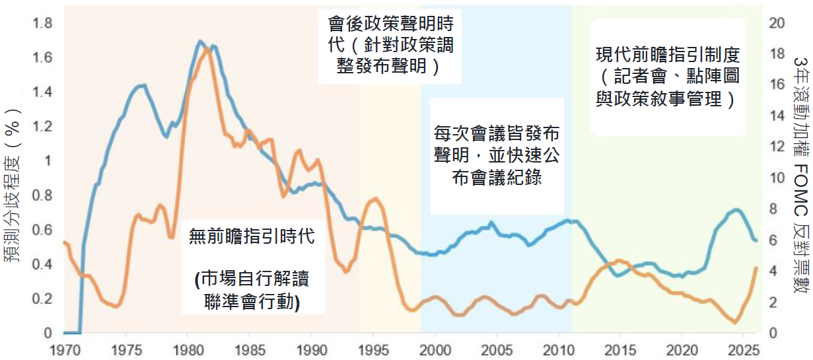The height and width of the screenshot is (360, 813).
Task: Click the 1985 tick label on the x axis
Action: click(x=250, y=351)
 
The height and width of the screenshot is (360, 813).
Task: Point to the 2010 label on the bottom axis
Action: click(x=559, y=351)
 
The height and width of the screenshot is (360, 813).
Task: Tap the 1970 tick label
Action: click(x=65, y=351)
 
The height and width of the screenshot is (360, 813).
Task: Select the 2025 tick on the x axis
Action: click(x=744, y=351)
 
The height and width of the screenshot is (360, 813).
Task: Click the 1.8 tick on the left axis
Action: click(x=42, y=23)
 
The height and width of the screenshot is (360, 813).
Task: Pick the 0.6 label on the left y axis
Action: click(x=42, y=230)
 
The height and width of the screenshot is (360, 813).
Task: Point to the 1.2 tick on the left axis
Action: click(x=42, y=127)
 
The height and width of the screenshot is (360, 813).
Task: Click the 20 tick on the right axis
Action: click(x=777, y=23)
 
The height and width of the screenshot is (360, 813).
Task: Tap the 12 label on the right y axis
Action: click(x=777, y=147)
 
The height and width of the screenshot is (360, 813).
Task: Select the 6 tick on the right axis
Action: click(x=773, y=240)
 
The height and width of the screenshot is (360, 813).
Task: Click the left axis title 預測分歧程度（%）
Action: click(x=12, y=186)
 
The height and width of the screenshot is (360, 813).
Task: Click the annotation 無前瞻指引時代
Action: click(x=252, y=236)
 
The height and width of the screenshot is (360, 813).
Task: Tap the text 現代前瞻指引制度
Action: click(x=668, y=55)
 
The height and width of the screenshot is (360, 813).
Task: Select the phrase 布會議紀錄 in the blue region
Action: click(x=497, y=178)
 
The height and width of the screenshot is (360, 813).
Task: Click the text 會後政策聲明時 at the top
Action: click(x=391, y=24)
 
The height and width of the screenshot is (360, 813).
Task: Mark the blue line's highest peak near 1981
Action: click(x=199, y=41)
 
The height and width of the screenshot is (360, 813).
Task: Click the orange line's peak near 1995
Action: click(x=375, y=199)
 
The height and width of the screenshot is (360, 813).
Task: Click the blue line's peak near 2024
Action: click(x=736, y=209)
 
